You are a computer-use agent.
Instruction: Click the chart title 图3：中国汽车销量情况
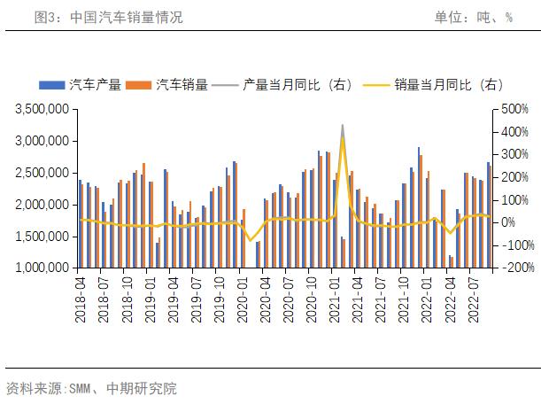pyautogui.click(x=108, y=17)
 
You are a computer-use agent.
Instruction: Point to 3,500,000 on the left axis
pyautogui.click(x=43, y=109)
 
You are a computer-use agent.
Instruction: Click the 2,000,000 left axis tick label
pyautogui.click(x=43, y=204)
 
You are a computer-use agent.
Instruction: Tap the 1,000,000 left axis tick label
pyautogui.click(x=43, y=267)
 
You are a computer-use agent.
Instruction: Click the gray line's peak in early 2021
pyautogui.click(x=343, y=126)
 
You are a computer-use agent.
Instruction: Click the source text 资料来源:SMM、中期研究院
pyautogui.click(x=91, y=388)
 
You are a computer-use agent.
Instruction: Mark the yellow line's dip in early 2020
pyautogui.click(x=250, y=240)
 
